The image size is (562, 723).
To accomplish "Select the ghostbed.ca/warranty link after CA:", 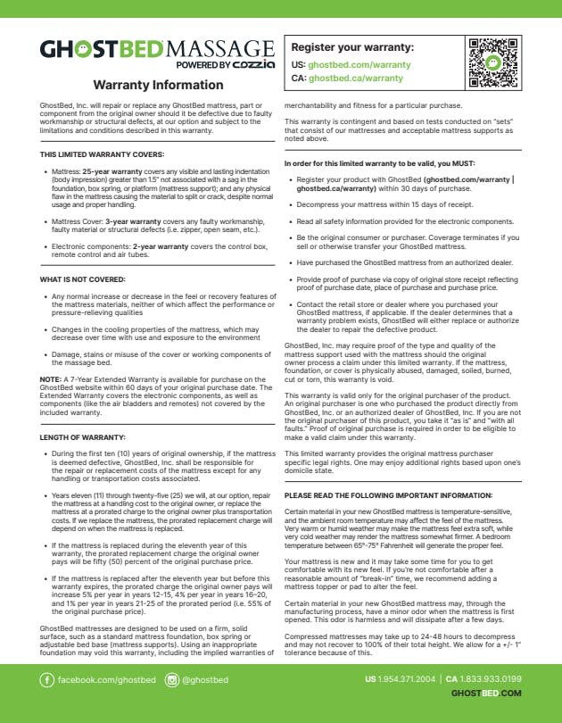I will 356,79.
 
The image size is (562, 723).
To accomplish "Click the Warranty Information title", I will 158,86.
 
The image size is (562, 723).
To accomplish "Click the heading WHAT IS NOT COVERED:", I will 82,280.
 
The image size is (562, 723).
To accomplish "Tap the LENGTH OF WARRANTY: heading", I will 82,438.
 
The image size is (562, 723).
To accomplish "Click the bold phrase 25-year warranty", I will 112,170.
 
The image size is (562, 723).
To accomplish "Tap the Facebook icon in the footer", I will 47,680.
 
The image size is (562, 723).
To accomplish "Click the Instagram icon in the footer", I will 172,680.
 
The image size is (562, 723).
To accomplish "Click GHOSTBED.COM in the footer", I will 486,694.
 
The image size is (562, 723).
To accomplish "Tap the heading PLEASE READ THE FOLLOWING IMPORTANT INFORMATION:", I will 387,494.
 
